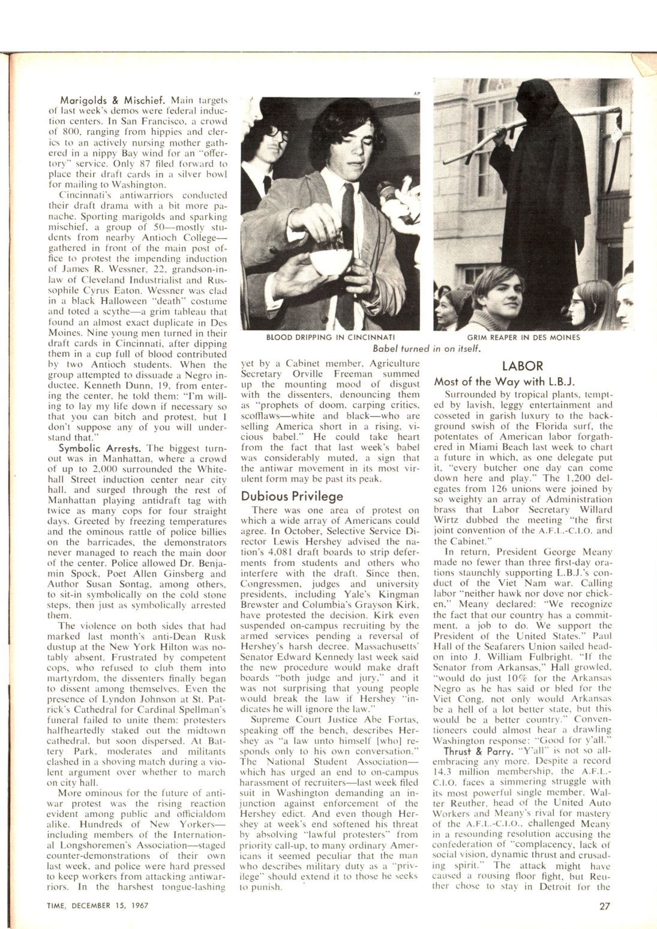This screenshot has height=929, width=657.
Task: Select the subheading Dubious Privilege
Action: (x=292, y=496)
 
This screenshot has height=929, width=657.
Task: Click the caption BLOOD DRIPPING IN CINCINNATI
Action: (x=334, y=337)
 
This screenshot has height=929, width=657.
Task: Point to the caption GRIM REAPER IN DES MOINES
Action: (x=532, y=337)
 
